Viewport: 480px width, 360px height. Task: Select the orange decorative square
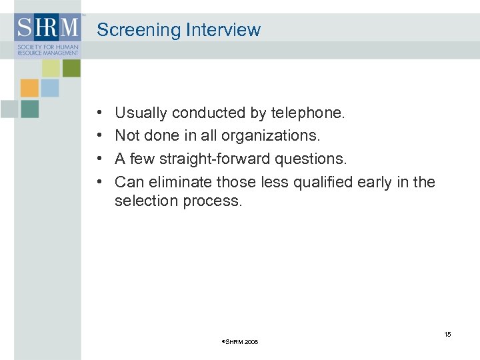point(29,88)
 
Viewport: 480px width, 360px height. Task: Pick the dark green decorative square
point(71,68)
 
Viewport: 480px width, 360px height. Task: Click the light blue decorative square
point(50,88)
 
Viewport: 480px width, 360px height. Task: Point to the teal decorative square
point(29,109)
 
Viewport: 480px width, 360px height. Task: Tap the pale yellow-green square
point(51,68)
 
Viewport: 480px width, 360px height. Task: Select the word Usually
point(141,113)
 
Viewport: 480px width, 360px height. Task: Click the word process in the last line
point(213,201)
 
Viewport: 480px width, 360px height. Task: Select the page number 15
point(447,334)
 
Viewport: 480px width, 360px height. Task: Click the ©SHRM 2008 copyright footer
point(239,342)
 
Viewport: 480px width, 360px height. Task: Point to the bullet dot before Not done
point(99,137)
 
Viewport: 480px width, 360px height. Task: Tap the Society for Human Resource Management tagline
point(39,50)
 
